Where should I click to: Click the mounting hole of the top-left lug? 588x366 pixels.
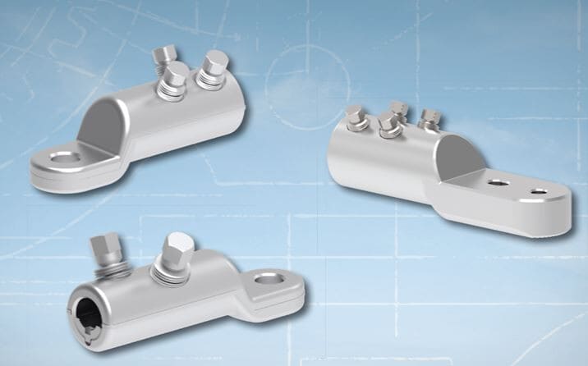(x=59, y=158)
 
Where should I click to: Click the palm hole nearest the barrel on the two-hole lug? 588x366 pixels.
(x=496, y=185)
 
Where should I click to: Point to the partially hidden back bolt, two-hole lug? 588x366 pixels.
(x=398, y=109)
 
